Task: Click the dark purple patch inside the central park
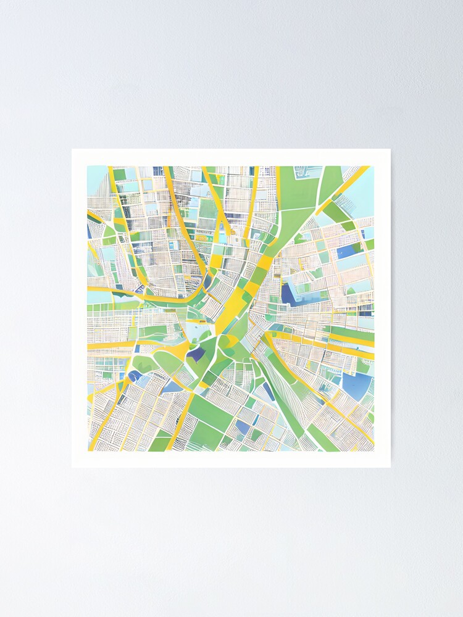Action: click(198, 354)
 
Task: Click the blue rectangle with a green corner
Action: click(350, 250)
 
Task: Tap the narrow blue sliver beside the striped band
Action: click(269, 391)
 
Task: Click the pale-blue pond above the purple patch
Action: click(199, 333)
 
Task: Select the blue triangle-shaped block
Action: click(172, 387)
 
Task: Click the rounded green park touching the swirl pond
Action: click(146, 364)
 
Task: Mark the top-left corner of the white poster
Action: click(72, 149)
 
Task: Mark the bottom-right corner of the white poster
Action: click(390, 467)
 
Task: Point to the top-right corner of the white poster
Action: click(390, 149)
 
